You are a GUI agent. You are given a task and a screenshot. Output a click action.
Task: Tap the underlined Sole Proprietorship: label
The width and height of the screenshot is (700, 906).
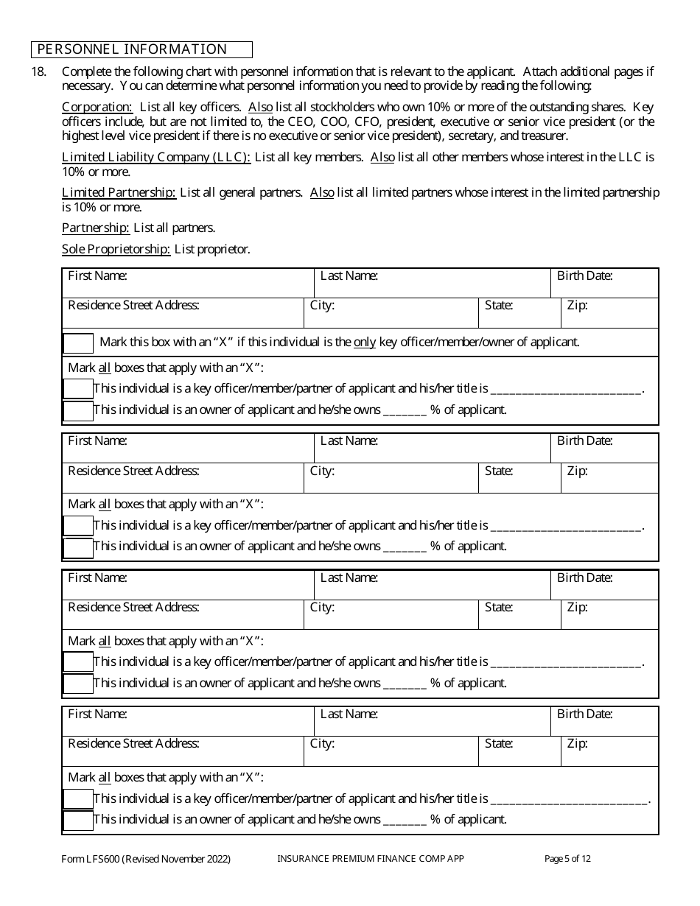[116, 249]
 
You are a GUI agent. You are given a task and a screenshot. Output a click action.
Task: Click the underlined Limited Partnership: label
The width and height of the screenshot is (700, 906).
[119, 192]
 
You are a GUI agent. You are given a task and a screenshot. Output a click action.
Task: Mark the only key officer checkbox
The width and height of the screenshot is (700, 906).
[78, 343]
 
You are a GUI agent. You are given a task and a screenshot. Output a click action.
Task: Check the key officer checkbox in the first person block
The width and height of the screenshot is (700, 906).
[78, 389]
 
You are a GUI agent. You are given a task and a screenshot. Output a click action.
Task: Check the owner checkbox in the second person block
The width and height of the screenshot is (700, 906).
[78, 547]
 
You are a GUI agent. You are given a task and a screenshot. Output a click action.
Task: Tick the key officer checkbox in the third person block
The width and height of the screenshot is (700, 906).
[78, 662]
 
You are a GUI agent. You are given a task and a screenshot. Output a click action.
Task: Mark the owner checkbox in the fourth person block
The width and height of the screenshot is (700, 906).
[78, 820]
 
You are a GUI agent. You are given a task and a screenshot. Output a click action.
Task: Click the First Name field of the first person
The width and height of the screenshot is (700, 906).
[188, 284]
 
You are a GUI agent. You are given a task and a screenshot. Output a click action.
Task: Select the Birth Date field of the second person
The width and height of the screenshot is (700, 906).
[604, 449]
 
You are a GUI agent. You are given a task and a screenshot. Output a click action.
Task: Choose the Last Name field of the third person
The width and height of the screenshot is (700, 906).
[433, 586]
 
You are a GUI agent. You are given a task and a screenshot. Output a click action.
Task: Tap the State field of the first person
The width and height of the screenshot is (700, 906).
[519, 313]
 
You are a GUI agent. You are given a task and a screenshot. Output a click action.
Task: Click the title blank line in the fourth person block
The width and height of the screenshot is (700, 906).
[569, 800]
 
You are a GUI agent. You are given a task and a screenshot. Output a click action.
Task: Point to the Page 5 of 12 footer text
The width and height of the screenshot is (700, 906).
[567, 859]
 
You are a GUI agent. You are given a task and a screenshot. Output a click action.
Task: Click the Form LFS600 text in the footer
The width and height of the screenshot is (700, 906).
[146, 859]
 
